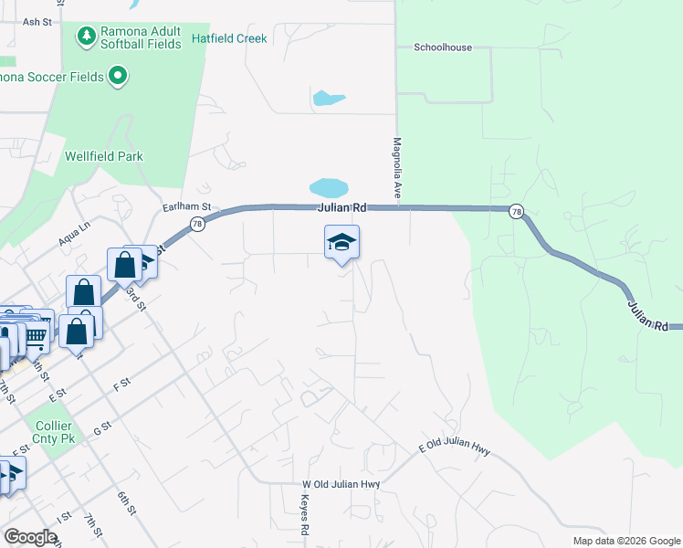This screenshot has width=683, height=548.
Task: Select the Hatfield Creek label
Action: pos(229,38)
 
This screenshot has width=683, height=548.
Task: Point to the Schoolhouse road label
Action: pos(443,47)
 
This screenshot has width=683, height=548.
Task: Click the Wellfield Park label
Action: pos(104,156)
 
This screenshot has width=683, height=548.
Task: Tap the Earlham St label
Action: pos(187,207)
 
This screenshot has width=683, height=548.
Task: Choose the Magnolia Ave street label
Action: pos(397,164)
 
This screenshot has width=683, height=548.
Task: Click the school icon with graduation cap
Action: pos(341,242)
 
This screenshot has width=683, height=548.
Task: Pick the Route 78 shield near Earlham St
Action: pos(196,224)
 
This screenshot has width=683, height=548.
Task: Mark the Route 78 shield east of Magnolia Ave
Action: pos(517,211)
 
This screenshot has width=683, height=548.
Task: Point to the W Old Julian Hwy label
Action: pos(341,484)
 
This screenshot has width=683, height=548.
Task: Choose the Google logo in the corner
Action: pos(30,537)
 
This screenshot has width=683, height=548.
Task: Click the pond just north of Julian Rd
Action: pos(329,188)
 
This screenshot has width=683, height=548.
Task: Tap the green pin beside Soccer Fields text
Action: pos(117,76)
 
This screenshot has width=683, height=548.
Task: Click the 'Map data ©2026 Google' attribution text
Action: pos(625,541)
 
